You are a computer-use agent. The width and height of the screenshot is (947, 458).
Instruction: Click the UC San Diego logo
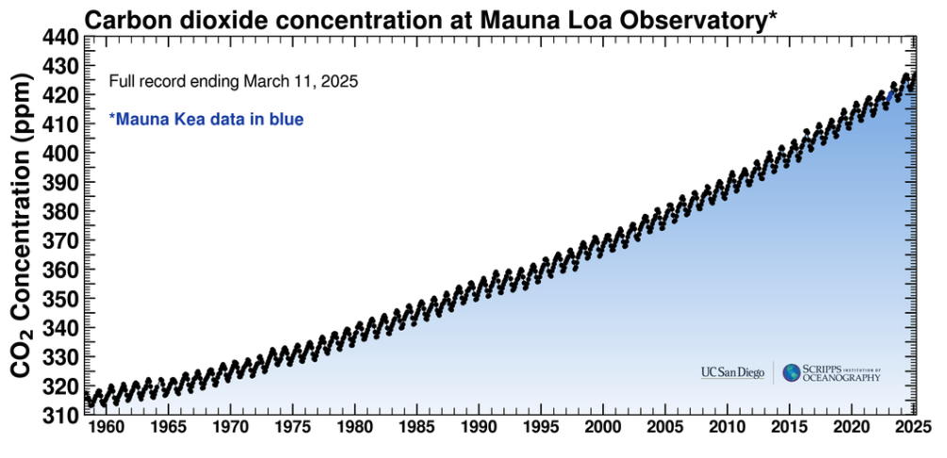732,373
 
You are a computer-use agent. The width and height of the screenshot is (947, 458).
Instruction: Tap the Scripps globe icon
791,373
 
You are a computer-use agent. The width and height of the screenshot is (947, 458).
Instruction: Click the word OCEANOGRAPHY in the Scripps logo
841,378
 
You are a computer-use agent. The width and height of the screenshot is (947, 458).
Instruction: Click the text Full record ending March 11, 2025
234,81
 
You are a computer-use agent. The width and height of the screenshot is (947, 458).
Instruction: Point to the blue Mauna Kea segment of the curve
891,95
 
